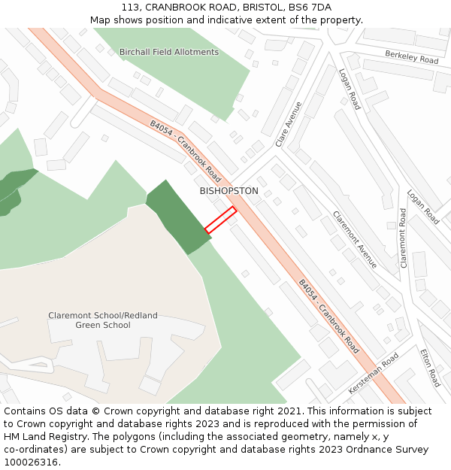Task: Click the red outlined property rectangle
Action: point(220,220)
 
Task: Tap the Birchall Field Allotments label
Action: point(169,52)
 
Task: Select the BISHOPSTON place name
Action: point(229,191)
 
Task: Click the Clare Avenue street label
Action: point(288,124)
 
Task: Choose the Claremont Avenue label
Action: point(355,239)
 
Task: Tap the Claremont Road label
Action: point(403,238)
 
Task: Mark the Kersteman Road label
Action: point(374,374)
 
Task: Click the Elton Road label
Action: point(430,367)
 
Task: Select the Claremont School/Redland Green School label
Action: point(103,320)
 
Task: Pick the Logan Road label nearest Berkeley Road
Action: point(350,89)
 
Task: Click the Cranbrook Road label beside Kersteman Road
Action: point(328,317)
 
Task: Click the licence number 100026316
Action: point(32,462)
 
